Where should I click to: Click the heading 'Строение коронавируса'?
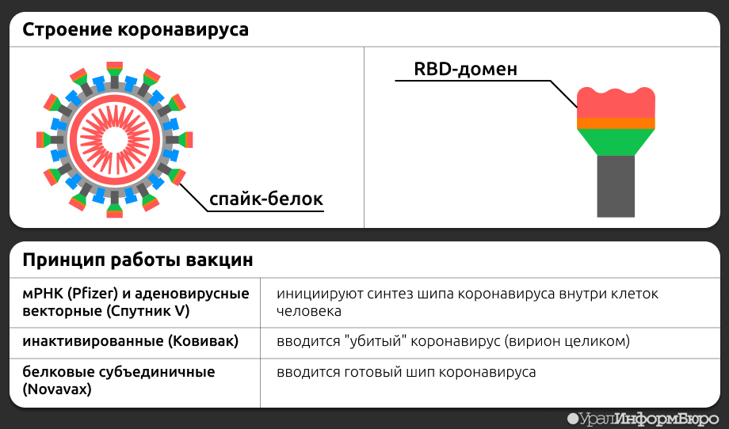point(135,30)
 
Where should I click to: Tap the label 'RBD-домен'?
point(465,69)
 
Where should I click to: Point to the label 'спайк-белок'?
point(266,199)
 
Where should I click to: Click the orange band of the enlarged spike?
point(616,123)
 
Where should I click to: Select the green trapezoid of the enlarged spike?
point(616,142)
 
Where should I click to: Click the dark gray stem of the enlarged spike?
point(616,186)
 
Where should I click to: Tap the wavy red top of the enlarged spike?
point(616,103)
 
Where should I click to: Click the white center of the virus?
point(114,140)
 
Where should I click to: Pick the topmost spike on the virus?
point(114,74)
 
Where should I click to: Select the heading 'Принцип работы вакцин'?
point(138,260)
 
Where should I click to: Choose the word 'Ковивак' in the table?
point(203,341)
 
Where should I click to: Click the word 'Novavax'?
point(57,389)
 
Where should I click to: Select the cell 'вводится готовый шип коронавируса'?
point(406,372)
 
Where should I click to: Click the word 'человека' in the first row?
point(309,311)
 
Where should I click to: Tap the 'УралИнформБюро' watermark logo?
point(643,419)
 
